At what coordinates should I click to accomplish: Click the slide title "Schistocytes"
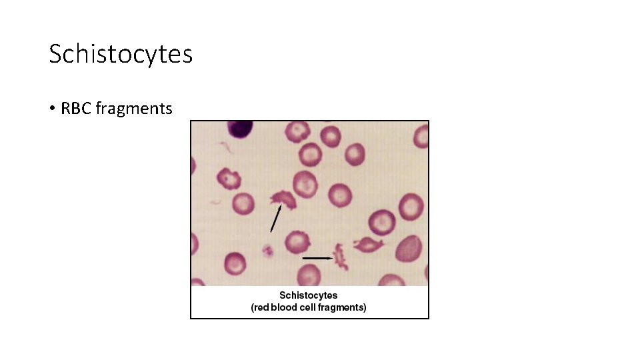point(121,54)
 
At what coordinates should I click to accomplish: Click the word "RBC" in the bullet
point(77,108)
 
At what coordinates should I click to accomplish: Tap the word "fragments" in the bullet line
point(134,108)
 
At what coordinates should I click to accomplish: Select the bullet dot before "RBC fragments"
point(52,109)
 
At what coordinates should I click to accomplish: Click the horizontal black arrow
point(318,257)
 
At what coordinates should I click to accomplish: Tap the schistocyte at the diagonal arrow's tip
point(283,199)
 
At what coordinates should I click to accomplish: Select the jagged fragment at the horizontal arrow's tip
point(341,257)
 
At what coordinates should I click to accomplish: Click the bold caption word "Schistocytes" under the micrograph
point(308,295)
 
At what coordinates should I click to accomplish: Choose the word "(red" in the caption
point(260,307)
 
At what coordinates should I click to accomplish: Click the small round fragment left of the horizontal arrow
point(268,251)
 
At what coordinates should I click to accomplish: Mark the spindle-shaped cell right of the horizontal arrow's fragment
point(367,245)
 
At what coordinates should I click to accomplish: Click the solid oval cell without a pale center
point(408,249)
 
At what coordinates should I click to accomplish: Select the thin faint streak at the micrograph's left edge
point(215,201)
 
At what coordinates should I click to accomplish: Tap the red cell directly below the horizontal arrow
point(308,275)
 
